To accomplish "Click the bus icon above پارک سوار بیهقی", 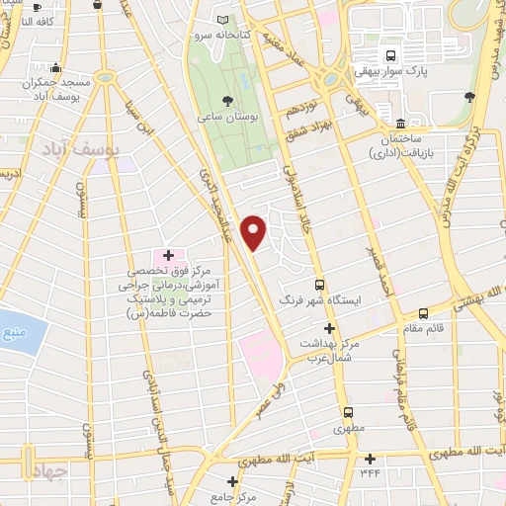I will pyautogui.click(x=391, y=56).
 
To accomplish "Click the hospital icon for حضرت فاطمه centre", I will pyautogui.click(x=169, y=256).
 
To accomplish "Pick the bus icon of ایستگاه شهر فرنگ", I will pyautogui.click(x=319, y=282).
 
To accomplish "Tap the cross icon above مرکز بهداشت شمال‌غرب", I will pyautogui.click(x=329, y=328).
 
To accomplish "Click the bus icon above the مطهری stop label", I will pyautogui.click(x=348, y=412).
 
